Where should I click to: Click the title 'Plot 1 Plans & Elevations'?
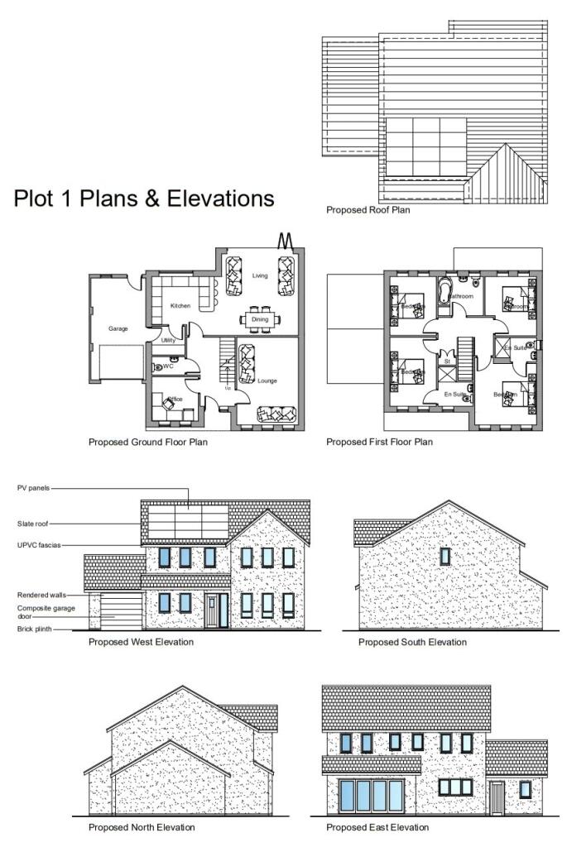coord(144,199)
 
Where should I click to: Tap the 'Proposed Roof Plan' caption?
coord(368,210)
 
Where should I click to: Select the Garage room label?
coord(118,328)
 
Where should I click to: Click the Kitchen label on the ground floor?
coord(180,306)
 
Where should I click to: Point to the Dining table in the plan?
coord(260,319)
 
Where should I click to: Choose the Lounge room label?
coord(267,380)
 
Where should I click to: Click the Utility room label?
coord(168,340)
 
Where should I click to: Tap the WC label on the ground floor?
coord(168,366)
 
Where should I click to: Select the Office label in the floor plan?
coord(175,400)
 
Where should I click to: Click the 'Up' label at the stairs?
coord(228,387)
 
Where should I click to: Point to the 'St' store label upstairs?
coord(446,361)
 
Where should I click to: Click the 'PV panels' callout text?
coord(33,488)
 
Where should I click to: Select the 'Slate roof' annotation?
coord(34,524)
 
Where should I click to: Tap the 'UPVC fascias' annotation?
coord(38,545)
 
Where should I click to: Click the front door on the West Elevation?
coord(218,610)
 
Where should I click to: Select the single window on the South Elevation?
coord(445,556)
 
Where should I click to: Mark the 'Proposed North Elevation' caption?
coord(142,827)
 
